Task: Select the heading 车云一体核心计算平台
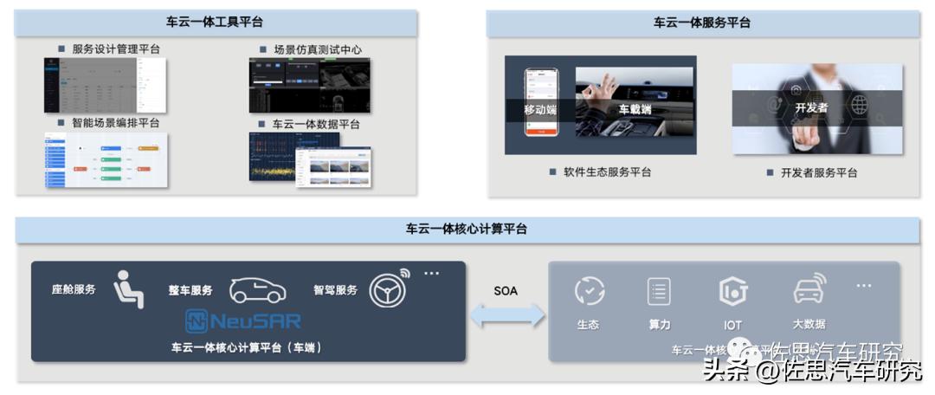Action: point(467,230)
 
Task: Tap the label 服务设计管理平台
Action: point(116,49)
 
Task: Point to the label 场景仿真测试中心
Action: point(317,49)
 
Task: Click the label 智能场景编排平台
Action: point(116,123)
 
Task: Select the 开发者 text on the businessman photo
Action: point(811,108)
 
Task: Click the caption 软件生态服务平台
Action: point(607,172)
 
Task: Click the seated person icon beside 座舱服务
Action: point(128,289)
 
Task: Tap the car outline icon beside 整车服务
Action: point(257,290)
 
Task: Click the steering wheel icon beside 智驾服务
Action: point(387,289)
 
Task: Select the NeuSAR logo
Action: point(243,321)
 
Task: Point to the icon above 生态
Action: point(590,291)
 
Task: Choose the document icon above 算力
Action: point(659,291)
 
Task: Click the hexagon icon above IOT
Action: point(732,292)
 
